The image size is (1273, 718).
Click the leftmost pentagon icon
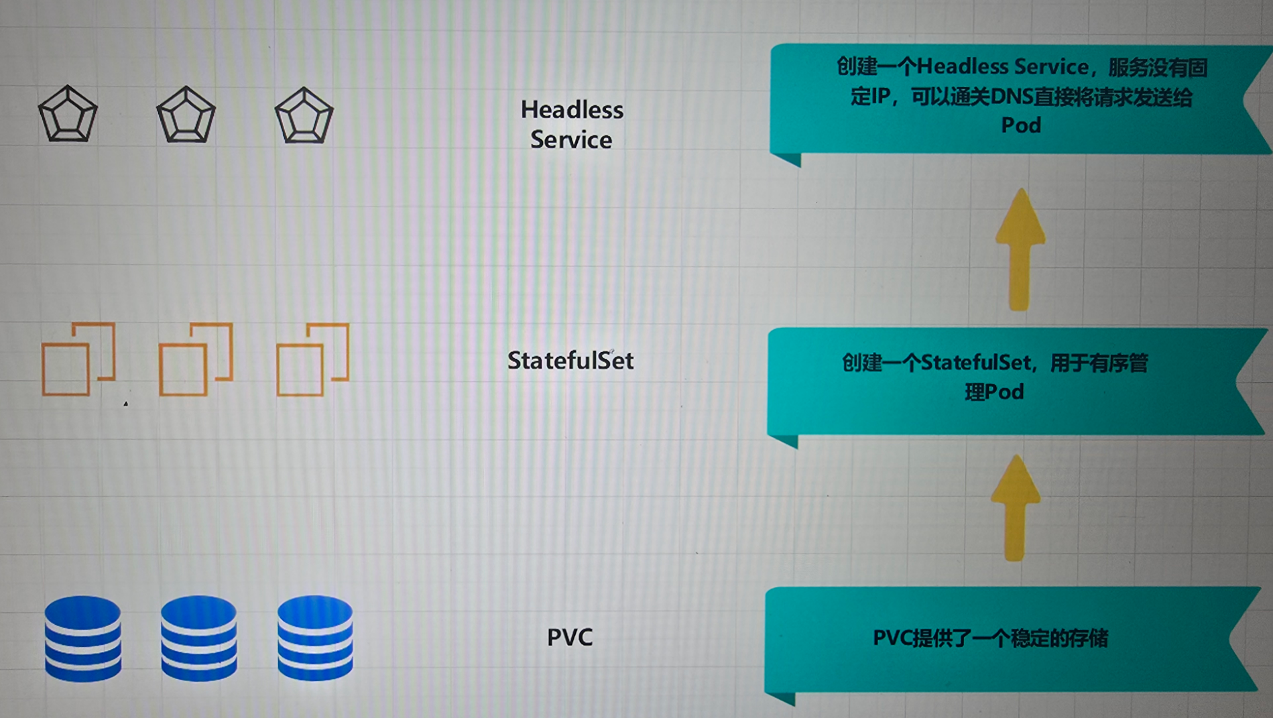click(68, 114)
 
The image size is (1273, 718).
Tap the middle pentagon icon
click(186, 115)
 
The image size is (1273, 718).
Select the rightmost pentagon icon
click(304, 115)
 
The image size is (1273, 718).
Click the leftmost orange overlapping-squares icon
click(78, 359)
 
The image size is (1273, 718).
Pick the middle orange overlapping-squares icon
click(196, 360)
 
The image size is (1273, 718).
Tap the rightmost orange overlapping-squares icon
click(313, 360)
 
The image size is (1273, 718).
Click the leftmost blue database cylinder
click(83, 638)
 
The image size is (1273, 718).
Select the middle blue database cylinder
click(199, 638)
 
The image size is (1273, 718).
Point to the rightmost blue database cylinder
click(315, 638)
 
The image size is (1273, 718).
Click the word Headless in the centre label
click(572, 110)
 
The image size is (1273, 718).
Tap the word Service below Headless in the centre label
click(571, 140)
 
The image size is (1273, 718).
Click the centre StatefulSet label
click(570, 361)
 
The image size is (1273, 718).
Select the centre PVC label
click(570, 637)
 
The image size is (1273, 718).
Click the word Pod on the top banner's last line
click(1021, 125)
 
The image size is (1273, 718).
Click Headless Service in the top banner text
click(1003, 66)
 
